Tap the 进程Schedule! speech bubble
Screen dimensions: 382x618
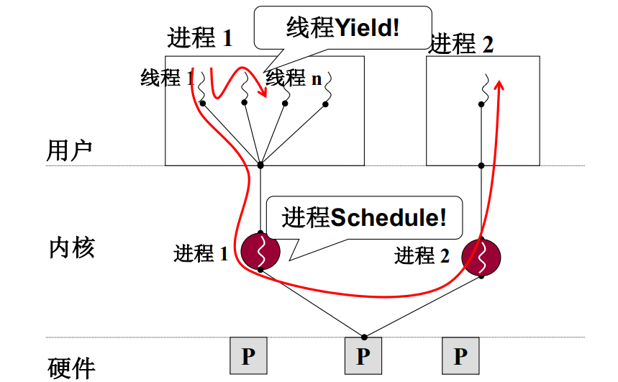(x=363, y=218)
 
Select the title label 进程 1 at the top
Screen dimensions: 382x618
(x=200, y=37)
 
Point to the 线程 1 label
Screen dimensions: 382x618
(x=167, y=77)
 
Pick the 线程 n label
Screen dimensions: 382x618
(x=295, y=78)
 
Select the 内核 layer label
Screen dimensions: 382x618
(x=72, y=247)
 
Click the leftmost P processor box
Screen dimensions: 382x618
(x=248, y=355)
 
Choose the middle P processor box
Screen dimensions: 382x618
(x=363, y=355)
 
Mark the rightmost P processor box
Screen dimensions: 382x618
(x=460, y=355)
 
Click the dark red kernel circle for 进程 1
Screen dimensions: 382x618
(x=260, y=250)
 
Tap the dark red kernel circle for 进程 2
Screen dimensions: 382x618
(x=481, y=256)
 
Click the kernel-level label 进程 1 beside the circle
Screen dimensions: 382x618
(x=201, y=253)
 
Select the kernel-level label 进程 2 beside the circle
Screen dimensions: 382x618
(x=422, y=255)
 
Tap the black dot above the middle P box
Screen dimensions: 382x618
(x=364, y=336)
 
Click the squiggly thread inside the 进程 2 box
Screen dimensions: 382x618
(x=486, y=85)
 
